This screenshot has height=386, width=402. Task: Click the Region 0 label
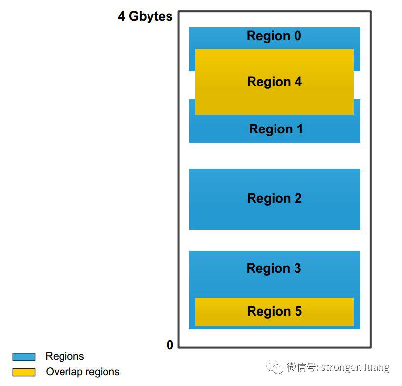pos(274,36)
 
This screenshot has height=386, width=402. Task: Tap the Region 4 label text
pos(275,82)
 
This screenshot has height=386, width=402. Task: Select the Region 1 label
pos(276,129)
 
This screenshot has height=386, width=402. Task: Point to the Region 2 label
pos(275,199)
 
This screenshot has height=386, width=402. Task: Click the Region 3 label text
pos(274,269)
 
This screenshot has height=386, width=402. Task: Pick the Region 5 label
pos(275,312)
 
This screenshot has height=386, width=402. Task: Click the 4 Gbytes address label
pos(145,17)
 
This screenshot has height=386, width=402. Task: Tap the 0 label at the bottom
pos(169,344)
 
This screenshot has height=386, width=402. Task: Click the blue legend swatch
pos(24,357)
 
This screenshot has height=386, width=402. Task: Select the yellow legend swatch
pos(24,372)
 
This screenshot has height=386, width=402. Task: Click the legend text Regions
pos(64,357)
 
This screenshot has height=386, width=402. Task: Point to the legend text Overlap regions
pos(83,372)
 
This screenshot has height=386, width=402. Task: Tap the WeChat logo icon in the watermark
pos(275,367)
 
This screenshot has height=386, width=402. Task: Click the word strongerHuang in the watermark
pos(355,368)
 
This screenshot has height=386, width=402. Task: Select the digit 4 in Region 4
pos(298,82)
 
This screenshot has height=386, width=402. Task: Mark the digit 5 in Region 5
pos(298,311)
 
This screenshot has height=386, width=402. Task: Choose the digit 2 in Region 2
pos(298,198)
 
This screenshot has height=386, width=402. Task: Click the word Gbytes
pos(150,17)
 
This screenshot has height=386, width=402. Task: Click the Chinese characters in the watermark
pos(301,367)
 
